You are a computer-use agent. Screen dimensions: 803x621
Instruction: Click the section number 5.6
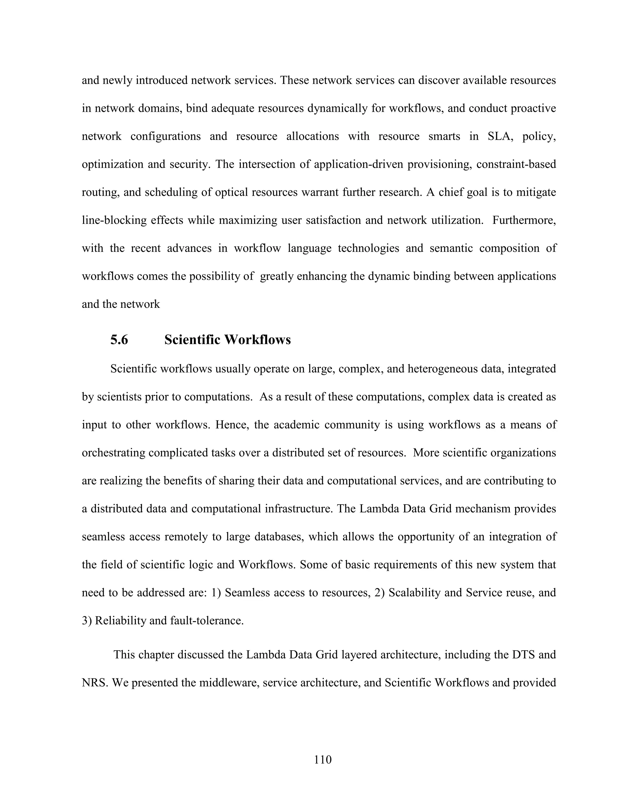point(119,340)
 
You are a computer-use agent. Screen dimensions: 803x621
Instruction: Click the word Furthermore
point(524,220)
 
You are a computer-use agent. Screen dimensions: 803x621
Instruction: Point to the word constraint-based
point(516,164)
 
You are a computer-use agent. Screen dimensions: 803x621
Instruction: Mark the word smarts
point(444,136)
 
